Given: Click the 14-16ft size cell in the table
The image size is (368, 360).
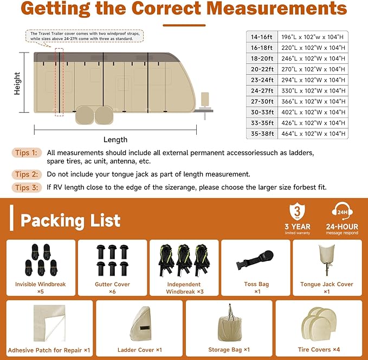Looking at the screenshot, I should point(263,36).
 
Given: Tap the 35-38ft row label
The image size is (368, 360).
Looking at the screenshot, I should point(263,133).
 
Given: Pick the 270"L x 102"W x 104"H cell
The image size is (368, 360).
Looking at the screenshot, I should point(314,69).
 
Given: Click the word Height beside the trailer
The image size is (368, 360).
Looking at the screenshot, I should point(17,84).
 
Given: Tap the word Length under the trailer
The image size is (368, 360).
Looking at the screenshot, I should point(115,140).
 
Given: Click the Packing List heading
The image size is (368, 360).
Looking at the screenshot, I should point(70,221).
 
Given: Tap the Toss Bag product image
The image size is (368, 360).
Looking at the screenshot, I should point(256,261).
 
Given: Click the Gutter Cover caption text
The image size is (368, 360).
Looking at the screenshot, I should point(112,284).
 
